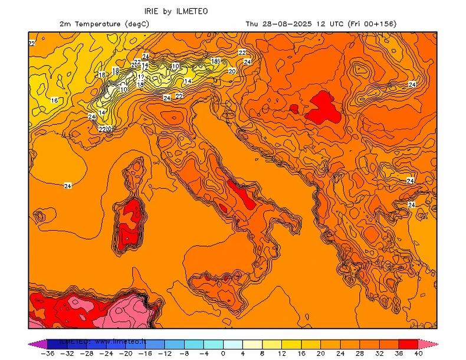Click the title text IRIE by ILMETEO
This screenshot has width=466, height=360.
click(x=176, y=11)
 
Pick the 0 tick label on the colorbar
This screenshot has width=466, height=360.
click(x=223, y=354)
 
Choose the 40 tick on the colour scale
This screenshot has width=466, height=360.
click(x=418, y=354)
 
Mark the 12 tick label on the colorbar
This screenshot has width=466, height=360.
click(x=281, y=354)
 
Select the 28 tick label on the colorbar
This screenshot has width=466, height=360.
click(x=360, y=354)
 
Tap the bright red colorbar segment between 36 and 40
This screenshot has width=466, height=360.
click(x=408, y=343)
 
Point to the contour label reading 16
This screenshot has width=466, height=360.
click(x=54, y=100)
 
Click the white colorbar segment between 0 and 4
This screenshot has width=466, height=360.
click(x=232, y=343)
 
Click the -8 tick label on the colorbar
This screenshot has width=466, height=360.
click(x=183, y=354)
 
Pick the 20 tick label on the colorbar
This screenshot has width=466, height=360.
click(x=321, y=354)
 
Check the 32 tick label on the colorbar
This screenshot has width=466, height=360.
click(x=379, y=354)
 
